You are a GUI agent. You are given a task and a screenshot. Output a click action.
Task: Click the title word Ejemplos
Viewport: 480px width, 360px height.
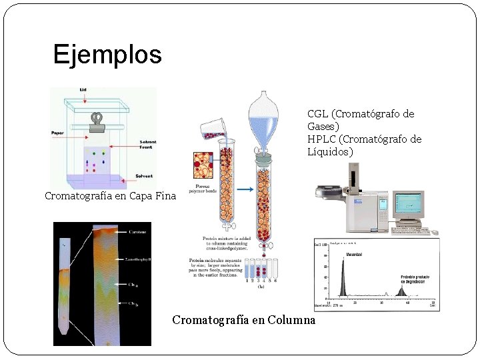point(107,54)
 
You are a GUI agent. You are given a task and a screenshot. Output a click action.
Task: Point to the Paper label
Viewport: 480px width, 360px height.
point(57,133)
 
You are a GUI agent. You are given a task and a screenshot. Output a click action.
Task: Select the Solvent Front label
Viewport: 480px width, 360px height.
point(148,145)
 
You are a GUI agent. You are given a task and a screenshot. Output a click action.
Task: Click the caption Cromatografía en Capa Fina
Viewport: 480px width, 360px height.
point(110,196)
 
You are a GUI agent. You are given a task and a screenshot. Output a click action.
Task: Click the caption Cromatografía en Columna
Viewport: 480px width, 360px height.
point(243,320)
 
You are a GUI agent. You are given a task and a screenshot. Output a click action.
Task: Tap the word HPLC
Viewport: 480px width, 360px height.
point(321,139)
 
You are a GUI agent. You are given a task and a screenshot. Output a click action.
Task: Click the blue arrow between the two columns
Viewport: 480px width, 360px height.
point(245,189)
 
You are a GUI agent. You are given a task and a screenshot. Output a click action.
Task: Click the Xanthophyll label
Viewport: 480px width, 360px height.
point(138,258)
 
